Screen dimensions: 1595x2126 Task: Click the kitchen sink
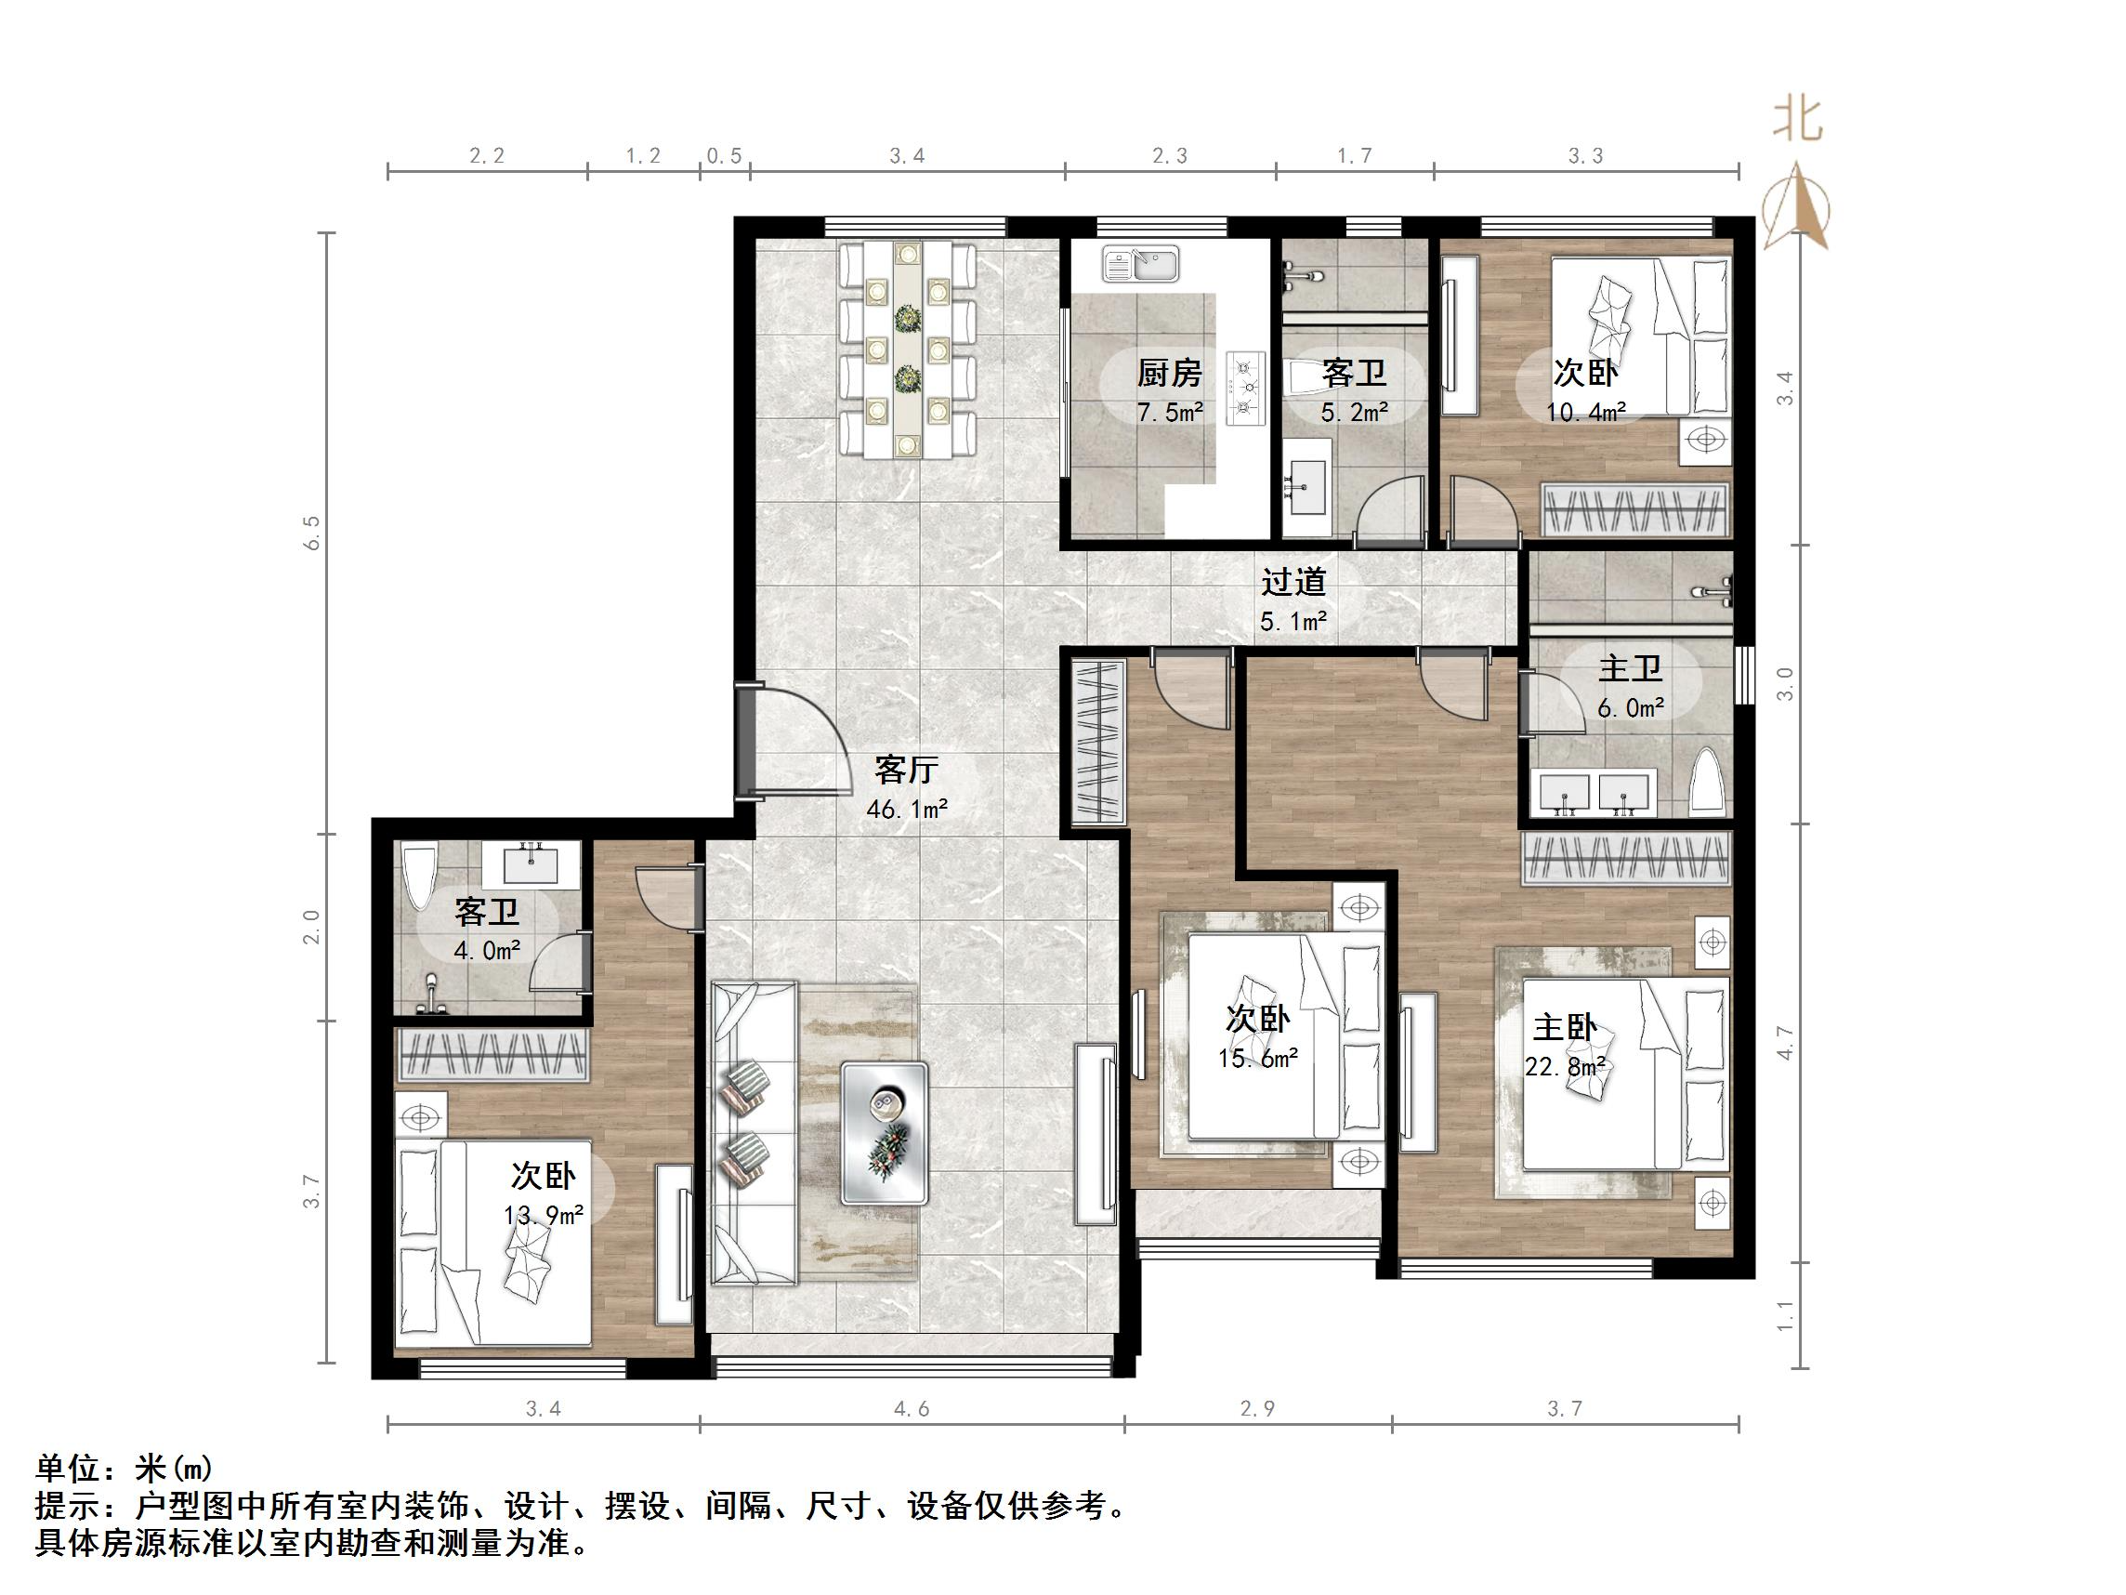1140,264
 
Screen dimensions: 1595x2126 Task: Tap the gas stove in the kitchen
1246,389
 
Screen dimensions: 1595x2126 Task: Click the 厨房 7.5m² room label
1170,390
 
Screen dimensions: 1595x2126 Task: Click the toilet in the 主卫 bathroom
1706,780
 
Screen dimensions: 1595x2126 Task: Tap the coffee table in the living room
885,1131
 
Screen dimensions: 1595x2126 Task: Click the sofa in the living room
754,1131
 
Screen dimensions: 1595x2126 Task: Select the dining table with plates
907,350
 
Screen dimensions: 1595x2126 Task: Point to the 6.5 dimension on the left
311,533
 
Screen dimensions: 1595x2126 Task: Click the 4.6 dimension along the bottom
912,1409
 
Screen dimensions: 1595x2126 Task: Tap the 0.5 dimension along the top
724,156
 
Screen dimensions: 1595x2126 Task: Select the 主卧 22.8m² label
1565,1046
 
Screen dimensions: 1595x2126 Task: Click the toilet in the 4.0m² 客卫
418,875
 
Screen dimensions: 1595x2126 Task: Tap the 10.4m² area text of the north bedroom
1586,413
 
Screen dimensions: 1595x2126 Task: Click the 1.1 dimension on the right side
1785,1314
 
